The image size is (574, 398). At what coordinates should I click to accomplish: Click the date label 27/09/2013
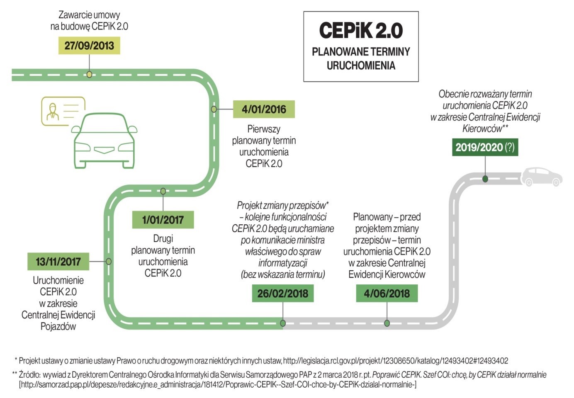[89, 46]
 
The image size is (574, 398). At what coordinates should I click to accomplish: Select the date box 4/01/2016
[264, 109]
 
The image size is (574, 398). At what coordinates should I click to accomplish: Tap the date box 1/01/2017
[163, 220]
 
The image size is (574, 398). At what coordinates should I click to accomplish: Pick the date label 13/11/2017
[58, 262]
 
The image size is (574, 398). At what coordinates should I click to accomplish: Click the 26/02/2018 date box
[283, 294]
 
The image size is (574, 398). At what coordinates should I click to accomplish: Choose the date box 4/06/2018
[387, 294]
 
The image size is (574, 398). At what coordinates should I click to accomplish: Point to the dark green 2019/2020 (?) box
[485, 147]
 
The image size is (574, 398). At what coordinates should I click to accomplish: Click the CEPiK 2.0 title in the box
[361, 30]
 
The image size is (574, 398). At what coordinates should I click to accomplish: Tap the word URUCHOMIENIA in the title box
[361, 66]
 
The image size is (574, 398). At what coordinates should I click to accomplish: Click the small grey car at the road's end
[541, 177]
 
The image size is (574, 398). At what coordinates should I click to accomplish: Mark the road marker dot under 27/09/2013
[89, 75]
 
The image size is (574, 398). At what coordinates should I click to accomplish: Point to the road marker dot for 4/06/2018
[387, 323]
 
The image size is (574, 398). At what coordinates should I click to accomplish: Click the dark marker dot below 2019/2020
[485, 179]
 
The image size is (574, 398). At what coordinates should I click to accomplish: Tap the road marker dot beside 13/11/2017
[109, 262]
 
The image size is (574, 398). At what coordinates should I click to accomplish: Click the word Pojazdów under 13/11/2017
[58, 326]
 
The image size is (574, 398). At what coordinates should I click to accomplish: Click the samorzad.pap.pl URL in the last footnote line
[218, 385]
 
